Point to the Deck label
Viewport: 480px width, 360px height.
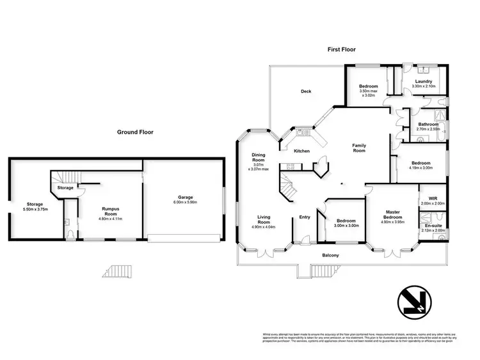306,91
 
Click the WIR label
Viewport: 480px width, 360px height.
433,199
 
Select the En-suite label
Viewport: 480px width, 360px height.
433,226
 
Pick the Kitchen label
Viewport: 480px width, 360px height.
301,151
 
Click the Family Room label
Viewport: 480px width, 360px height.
359,148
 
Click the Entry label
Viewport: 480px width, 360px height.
305,217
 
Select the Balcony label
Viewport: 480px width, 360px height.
331,256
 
